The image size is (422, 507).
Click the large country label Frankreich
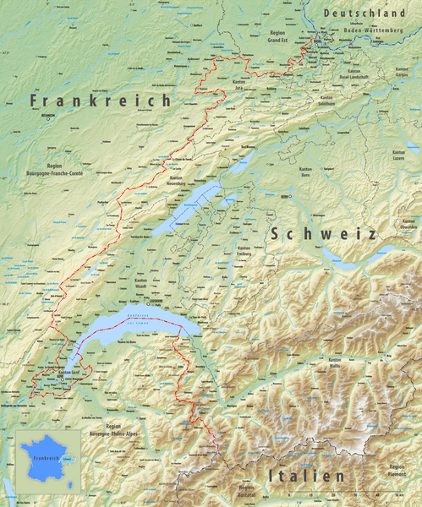point(100,100)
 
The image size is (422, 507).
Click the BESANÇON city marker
point(48,118)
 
